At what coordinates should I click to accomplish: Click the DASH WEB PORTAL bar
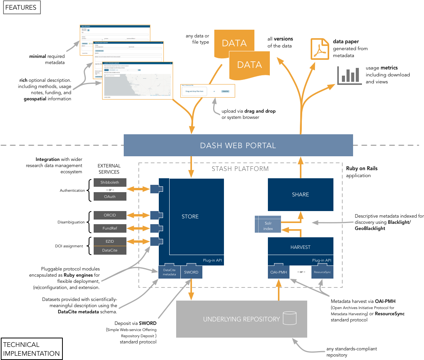coord(238,145)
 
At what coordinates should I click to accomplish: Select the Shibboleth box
coord(110,183)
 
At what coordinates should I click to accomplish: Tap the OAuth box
coord(110,197)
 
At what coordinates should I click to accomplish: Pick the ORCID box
coord(110,215)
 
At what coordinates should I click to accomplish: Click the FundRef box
coord(110,228)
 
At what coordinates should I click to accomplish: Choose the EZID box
coord(110,242)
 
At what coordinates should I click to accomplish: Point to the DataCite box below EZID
coord(110,250)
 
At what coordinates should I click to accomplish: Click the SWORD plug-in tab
coord(191,272)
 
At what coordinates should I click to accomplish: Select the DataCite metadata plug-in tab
coord(170,272)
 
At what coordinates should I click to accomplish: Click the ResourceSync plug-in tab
coord(322,272)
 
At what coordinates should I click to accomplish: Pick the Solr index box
coord(268,226)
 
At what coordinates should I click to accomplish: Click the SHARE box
coord(300,194)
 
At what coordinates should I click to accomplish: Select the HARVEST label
coord(300,247)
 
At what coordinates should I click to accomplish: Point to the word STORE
coord(190,217)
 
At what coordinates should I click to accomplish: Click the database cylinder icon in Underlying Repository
coord(289,318)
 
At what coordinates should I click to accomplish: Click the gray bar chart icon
coord(349,76)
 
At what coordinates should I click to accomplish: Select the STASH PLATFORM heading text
coord(240,169)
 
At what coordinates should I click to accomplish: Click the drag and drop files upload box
coord(195,91)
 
